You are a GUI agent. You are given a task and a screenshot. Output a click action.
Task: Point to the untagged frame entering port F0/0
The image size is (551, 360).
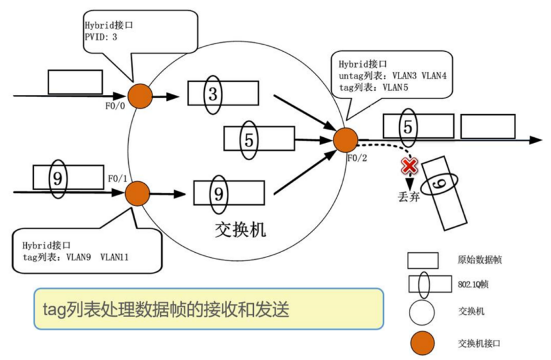(75, 82)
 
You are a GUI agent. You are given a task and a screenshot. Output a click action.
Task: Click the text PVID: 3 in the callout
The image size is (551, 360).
(101, 37)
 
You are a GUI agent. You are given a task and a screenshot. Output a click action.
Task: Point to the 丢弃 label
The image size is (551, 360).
(406, 197)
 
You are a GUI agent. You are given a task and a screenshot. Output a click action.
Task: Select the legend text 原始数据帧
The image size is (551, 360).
(475, 260)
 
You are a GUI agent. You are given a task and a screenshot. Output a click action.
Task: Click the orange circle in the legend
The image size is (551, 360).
(423, 342)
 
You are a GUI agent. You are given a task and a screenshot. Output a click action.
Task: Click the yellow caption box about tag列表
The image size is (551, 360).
(209, 308)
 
